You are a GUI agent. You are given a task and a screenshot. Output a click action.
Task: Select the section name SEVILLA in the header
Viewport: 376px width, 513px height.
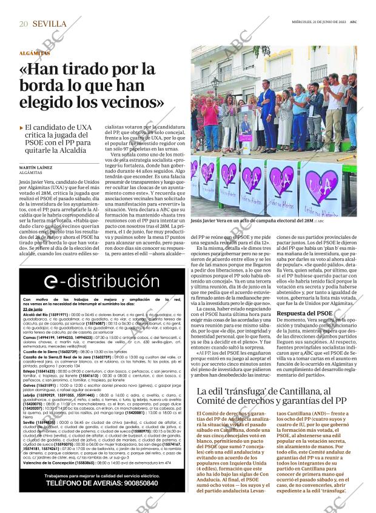[x=50, y=24]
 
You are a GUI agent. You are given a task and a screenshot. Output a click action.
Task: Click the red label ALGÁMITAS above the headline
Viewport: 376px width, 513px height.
[x=34, y=53]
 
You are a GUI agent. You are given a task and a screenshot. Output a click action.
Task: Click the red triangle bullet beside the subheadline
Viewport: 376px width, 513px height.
[x=21, y=128]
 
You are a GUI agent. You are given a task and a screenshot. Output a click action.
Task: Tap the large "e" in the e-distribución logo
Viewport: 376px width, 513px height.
[x=53, y=281]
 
